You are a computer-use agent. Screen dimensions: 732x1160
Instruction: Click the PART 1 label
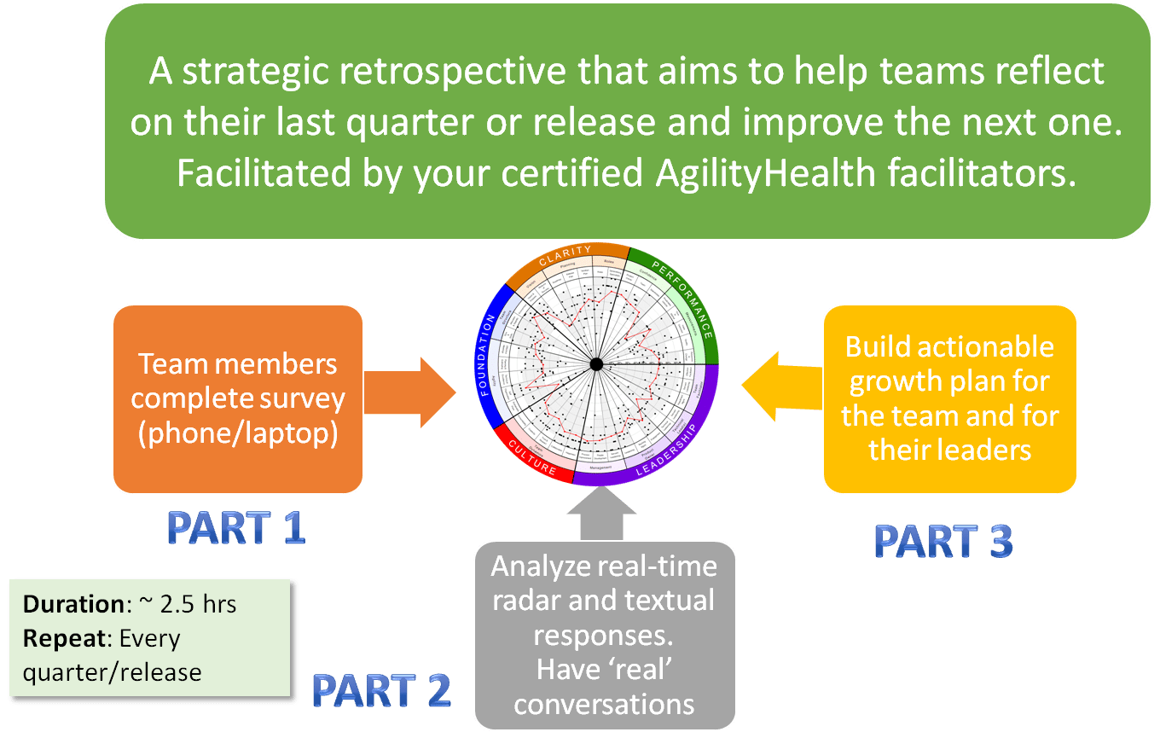pos(236,529)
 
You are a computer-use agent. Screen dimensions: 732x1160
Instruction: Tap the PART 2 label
pos(381,691)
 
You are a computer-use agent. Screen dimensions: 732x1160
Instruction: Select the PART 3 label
pos(943,541)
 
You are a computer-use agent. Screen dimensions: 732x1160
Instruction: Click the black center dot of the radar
pos(597,365)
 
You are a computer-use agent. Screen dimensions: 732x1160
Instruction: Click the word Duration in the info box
pos(73,604)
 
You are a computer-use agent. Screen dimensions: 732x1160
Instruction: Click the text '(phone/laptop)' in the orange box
pos(238,433)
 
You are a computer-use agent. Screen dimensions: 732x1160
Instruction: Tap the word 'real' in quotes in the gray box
pos(641,669)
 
